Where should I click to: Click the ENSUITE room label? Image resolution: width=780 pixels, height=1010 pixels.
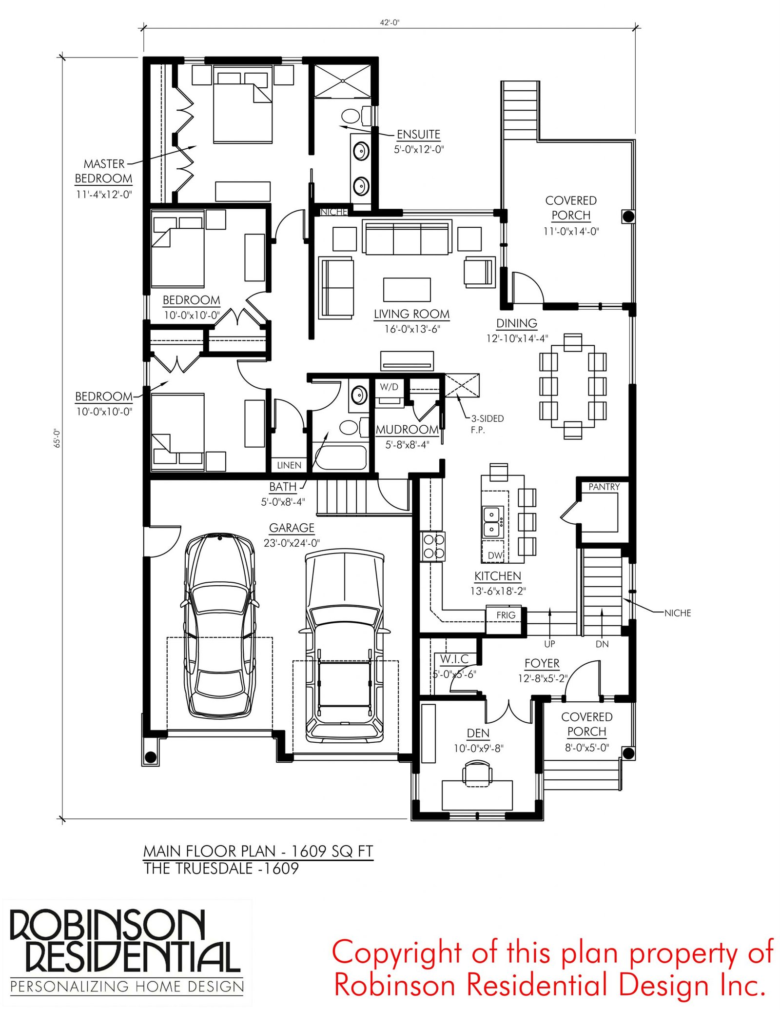[418, 134]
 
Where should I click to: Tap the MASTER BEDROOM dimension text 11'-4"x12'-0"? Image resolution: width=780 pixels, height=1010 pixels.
[104, 194]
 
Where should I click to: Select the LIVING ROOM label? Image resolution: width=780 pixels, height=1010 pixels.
[412, 314]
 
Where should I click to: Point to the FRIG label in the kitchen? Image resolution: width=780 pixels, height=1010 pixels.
[506, 615]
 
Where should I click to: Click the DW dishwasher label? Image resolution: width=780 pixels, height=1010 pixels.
[495, 555]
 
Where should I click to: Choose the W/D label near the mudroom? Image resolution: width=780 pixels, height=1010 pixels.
[389, 387]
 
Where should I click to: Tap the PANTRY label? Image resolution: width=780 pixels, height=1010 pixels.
[604, 487]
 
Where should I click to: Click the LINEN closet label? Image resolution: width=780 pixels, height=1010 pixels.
[289, 465]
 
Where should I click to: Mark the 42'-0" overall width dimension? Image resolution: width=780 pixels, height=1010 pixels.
[390, 22]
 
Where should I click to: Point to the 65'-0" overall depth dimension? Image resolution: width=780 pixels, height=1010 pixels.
[57, 438]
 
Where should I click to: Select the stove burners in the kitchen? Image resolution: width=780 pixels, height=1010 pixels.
[433, 546]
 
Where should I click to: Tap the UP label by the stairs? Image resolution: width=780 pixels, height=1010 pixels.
[549, 644]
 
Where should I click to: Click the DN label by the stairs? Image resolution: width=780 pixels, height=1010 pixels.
[602, 644]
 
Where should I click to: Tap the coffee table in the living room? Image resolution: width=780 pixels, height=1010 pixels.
[407, 290]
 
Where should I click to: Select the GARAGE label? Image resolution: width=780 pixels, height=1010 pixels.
[292, 528]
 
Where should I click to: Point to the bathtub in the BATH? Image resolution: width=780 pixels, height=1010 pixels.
[339, 457]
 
